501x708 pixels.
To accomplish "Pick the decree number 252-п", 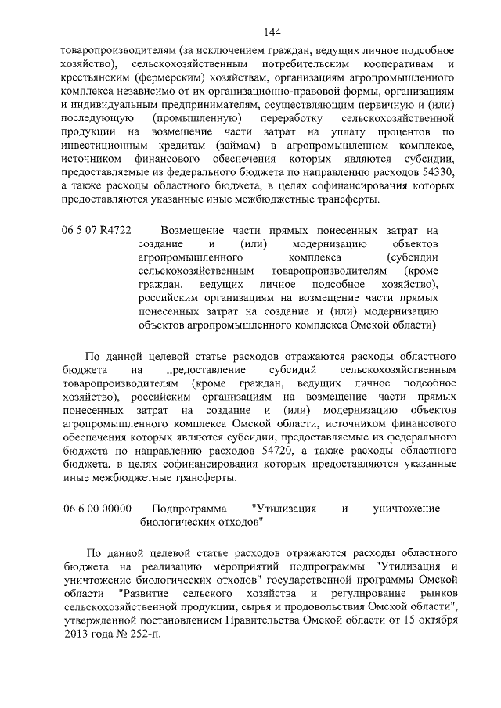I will (137, 634).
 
